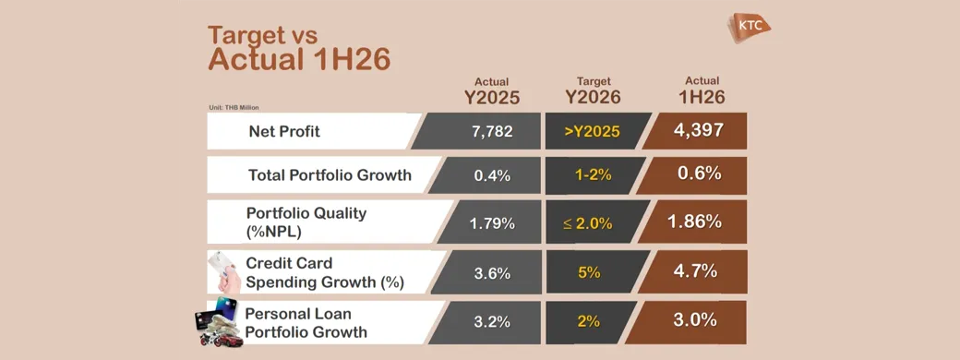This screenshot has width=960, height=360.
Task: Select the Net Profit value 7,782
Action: (492, 131)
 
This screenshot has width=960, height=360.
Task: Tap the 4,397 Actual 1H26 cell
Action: (699, 130)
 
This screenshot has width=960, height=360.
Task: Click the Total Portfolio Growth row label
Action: (330, 175)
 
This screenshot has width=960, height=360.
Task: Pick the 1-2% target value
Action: (593, 175)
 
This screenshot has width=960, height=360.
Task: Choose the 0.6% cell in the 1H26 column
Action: (699, 174)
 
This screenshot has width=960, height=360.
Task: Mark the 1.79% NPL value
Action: (492, 223)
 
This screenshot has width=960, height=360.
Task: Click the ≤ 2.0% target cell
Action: (588, 223)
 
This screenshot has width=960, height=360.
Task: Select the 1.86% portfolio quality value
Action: (695, 222)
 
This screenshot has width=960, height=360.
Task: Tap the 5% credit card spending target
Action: (589, 272)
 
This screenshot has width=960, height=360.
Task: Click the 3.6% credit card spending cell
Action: (492, 273)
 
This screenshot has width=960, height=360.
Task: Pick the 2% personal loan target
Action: (589, 321)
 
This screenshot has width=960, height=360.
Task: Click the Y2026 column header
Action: (593, 97)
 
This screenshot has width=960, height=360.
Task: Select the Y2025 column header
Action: (492, 97)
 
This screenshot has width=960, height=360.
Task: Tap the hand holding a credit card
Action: (224, 270)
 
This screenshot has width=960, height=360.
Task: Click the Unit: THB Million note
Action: (234, 108)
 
